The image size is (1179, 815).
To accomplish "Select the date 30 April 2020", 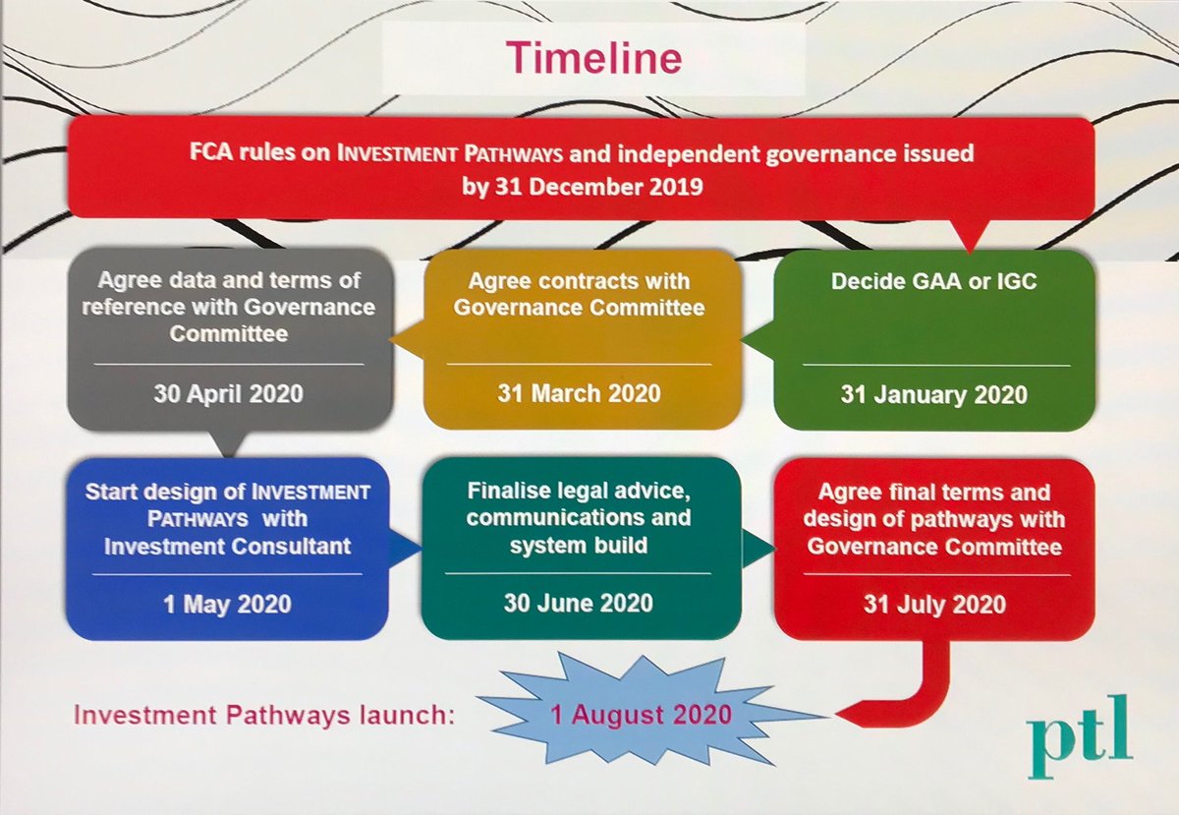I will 228,394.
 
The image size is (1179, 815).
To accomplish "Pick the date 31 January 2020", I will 933,395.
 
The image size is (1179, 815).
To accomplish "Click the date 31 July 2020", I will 933,603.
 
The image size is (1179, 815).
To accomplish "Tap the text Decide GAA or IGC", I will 933,281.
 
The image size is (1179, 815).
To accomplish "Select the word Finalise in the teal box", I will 515,491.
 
